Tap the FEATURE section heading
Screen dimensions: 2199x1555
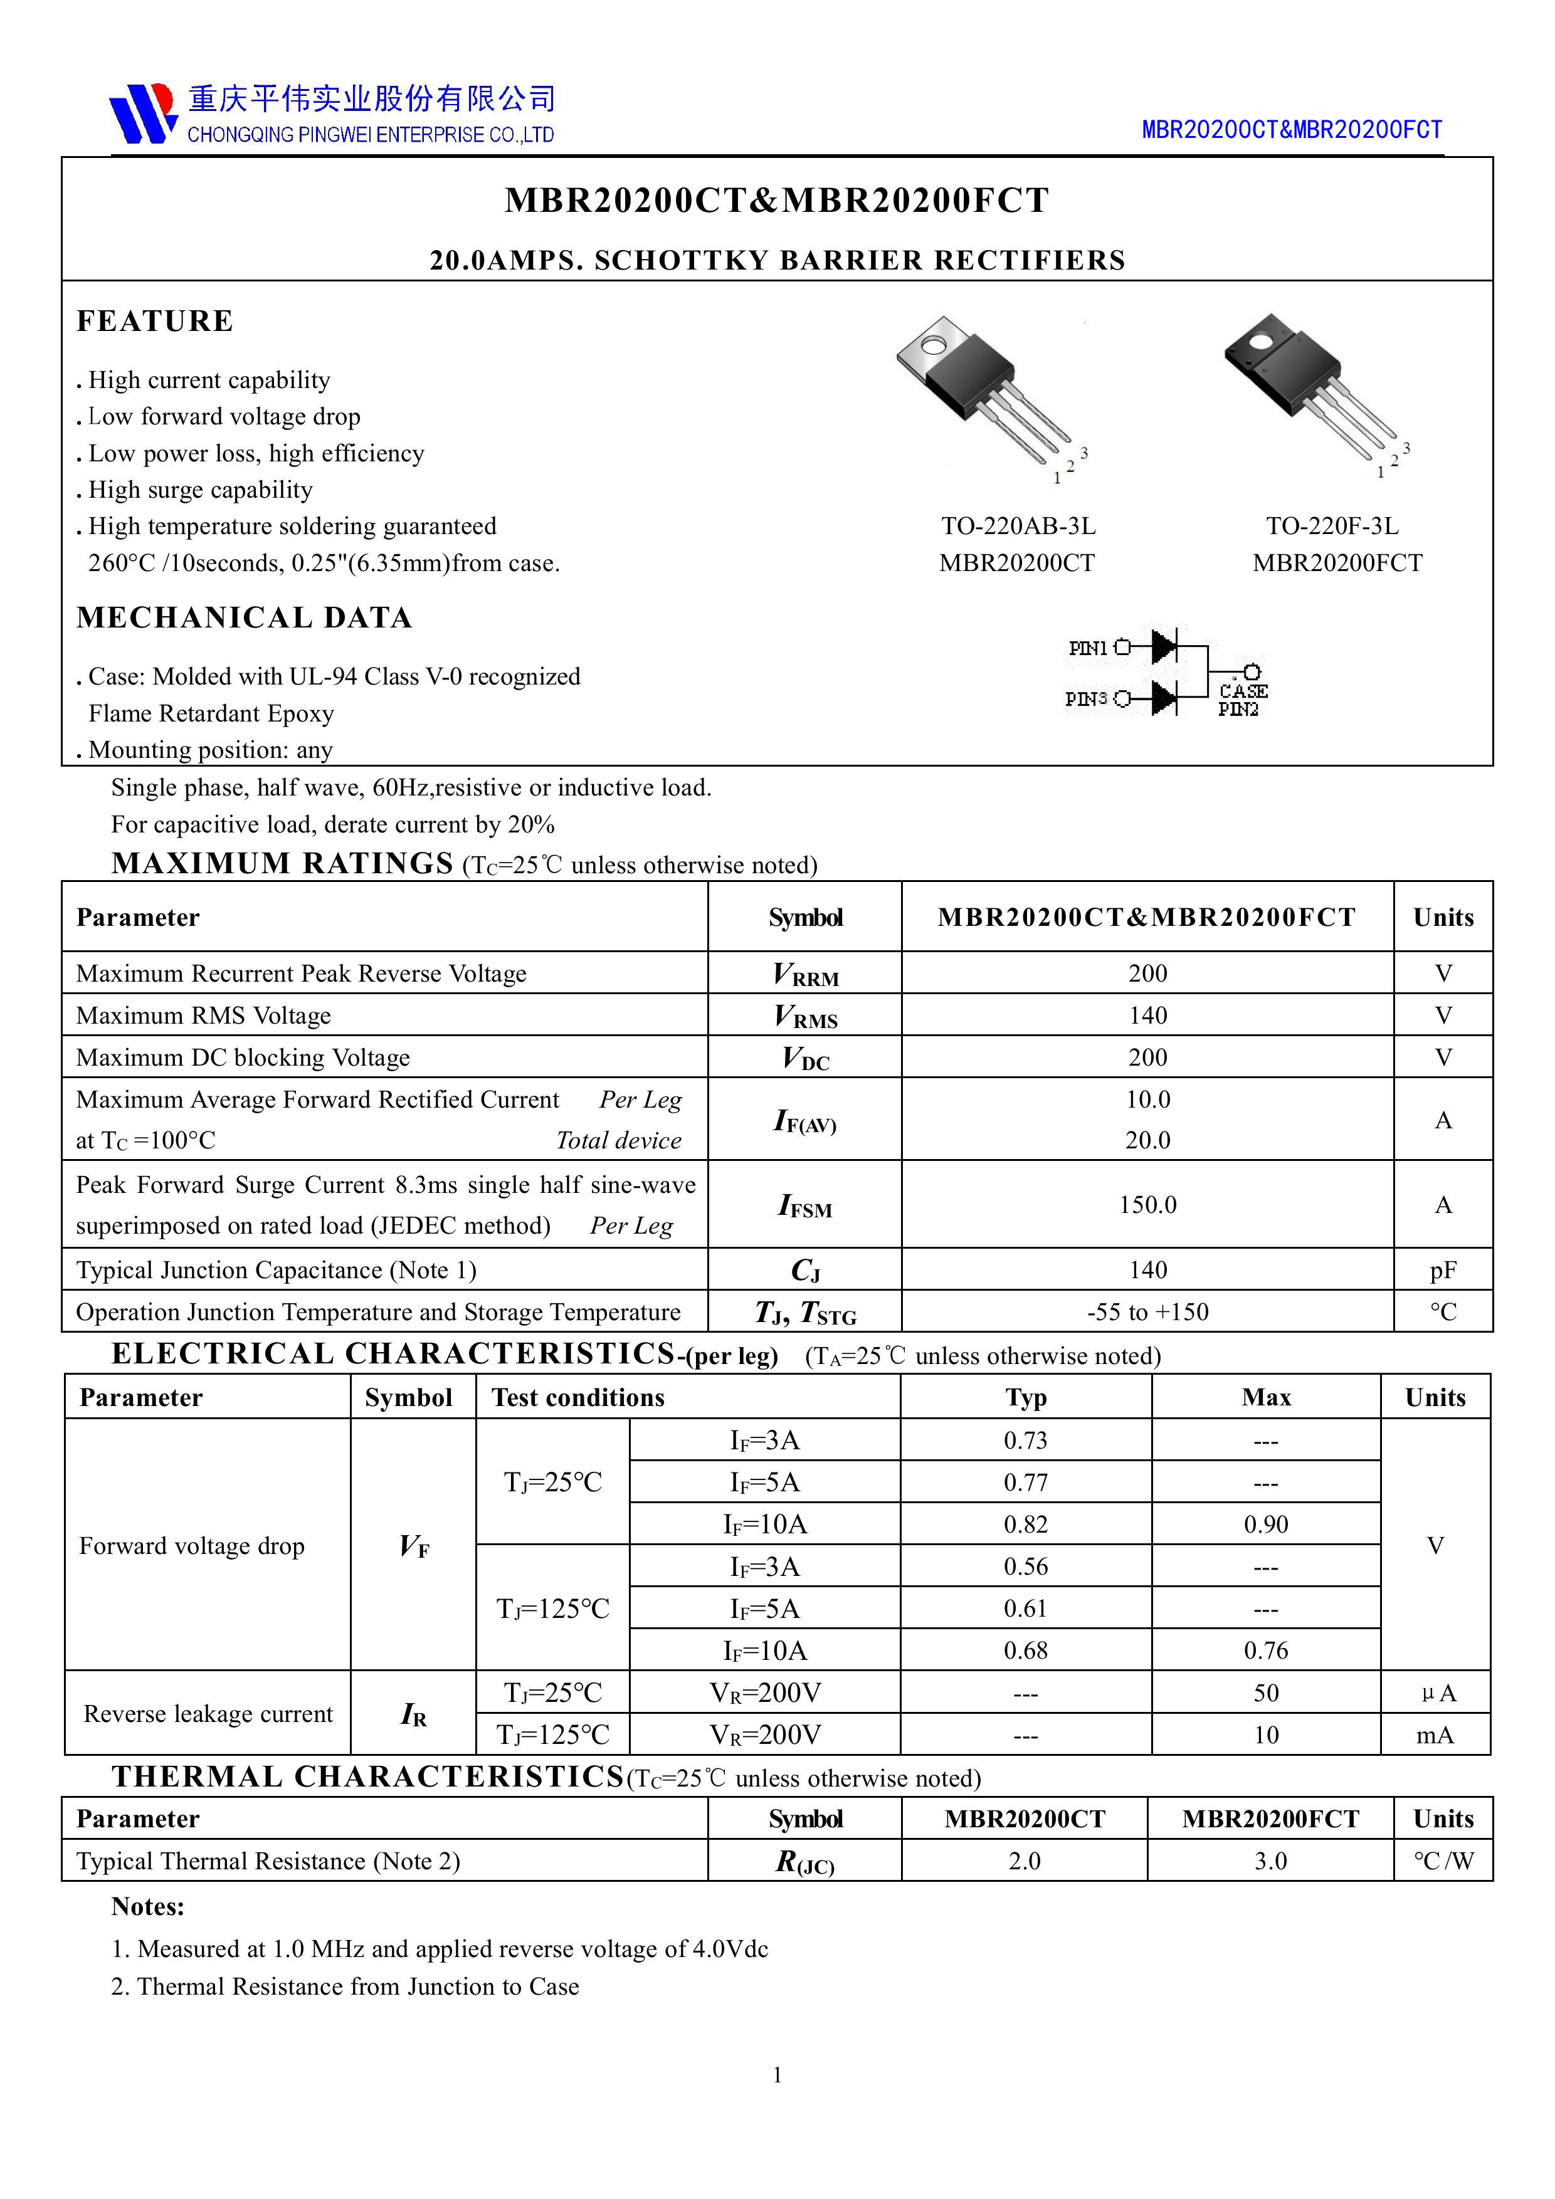(154, 321)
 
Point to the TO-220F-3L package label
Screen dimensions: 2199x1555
(1332, 526)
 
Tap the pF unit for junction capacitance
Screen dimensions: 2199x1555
(1442, 1270)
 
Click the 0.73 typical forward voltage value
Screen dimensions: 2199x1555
(1025, 1441)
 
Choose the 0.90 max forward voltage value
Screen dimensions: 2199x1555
(1266, 1525)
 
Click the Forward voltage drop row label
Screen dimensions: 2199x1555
(192, 1546)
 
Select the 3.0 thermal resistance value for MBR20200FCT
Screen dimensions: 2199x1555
(1270, 1861)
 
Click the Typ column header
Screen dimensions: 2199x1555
(1025, 1397)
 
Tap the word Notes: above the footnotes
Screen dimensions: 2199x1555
(147, 1907)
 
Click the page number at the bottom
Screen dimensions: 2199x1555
(777, 2074)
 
